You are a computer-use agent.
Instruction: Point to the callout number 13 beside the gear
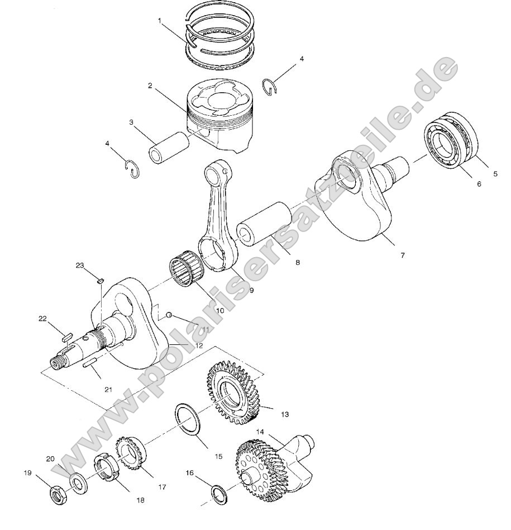(x=284, y=415)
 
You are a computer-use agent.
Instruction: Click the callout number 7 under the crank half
(x=402, y=255)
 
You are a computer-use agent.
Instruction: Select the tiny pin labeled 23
(x=101, y=281)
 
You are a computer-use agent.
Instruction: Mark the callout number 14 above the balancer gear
(x=260, y=432)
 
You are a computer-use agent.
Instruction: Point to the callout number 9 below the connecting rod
(x=251, y=291)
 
